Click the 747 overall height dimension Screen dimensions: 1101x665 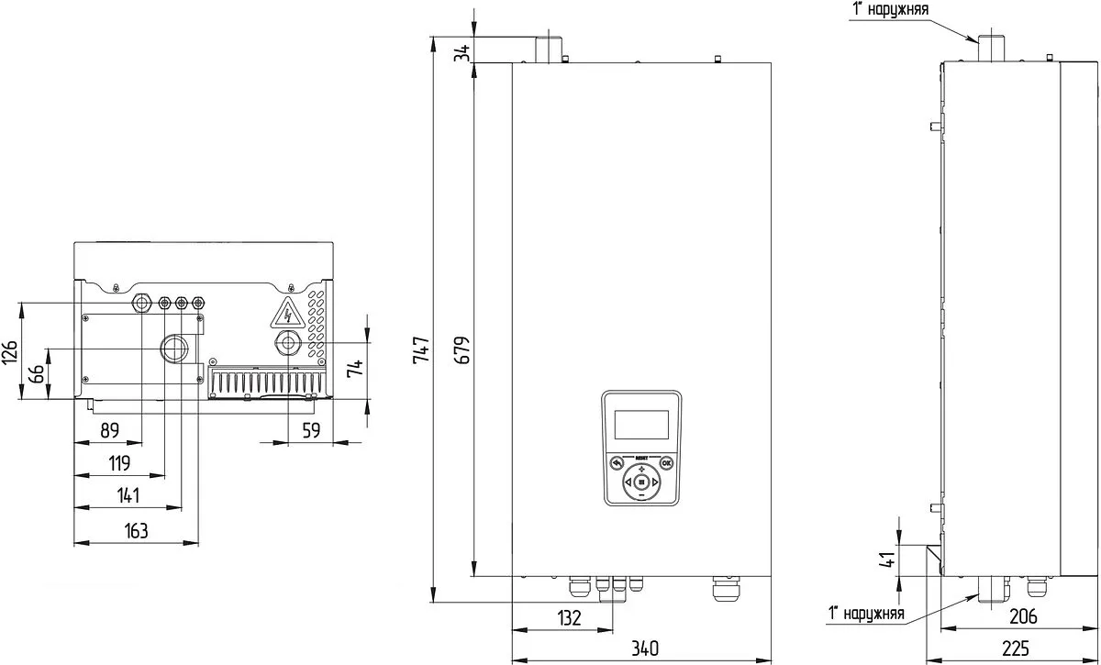(x=421, y=350)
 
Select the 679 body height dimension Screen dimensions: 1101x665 (x=462, y=350)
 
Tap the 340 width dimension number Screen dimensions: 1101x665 (x=644, y=648)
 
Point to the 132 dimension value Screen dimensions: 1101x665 (x=569, y=618)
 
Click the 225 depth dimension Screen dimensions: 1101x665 (x=1015, y=648)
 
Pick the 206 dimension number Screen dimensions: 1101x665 (x=1023, y=615)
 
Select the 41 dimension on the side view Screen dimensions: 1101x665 (x=887, y=559)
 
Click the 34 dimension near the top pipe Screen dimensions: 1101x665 (x=462, y=52)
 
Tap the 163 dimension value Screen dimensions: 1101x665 (x=136, y=531)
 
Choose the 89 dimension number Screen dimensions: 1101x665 (x=109, y=430)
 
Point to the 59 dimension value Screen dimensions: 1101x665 (x=311, y=430)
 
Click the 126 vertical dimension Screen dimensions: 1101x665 (x=10, y=352)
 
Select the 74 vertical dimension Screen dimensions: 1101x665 (x=355, y=368)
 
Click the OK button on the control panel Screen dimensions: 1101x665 (x=666, y=463)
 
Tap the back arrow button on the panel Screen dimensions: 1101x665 (x=617, y=463)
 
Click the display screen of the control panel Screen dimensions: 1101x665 (x=641, y=425)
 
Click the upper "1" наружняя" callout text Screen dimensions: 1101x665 (x=890, y=9)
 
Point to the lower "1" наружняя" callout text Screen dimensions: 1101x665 (x=866, y=613)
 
